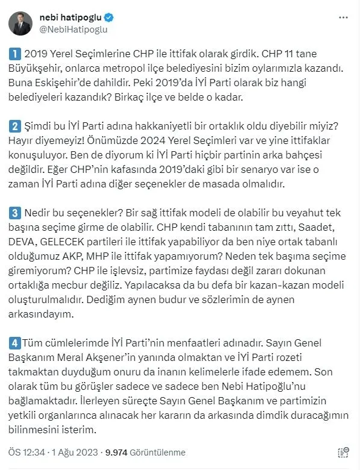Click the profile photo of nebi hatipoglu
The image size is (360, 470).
(x=20, y=23)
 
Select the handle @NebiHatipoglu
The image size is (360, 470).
(x=73, y=29)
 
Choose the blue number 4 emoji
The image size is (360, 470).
(x=15, y=342)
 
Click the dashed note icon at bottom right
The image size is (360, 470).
(x=344, y=453)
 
